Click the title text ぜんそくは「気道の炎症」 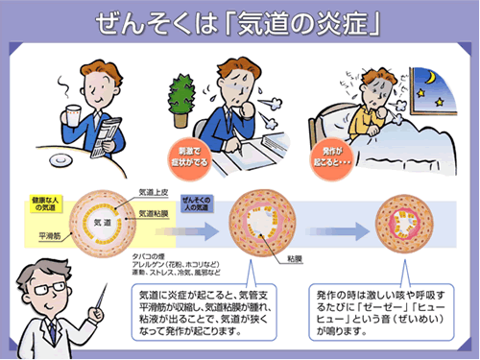[240, 21]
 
